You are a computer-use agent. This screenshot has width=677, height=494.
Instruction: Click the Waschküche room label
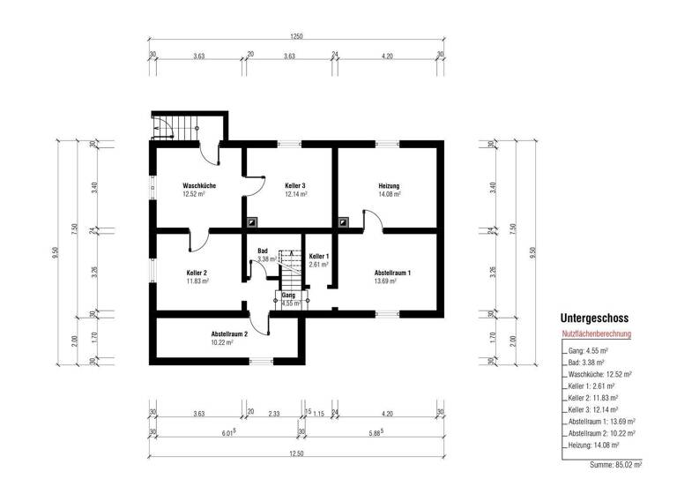click(x=200, y=186)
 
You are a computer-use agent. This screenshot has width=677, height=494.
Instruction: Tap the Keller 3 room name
click(x=295, y=186)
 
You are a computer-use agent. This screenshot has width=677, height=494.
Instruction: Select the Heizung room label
click(x=389, y=186)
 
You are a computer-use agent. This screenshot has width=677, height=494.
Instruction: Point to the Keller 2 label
click(x=197, y=273)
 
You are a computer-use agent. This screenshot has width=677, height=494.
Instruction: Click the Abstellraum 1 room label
click(x=392, y=273)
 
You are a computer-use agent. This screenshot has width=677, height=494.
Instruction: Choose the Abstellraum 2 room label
click(x=229, y=334)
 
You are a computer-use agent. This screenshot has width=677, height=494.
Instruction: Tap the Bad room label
click(x=263, y=251)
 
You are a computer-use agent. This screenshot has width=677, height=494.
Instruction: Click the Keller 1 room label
click(x=319, y=256)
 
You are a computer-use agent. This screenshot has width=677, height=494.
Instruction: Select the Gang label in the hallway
click(x=287, y=296)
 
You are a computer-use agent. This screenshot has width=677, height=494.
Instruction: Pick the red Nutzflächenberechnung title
click(x=597, y=335)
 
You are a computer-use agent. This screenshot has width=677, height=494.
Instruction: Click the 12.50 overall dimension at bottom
click(x=295, y=453)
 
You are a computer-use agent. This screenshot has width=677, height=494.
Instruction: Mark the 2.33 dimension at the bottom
click(x=274, y=413)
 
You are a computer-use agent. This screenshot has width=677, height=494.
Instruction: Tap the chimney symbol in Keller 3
click(x=253, y=223)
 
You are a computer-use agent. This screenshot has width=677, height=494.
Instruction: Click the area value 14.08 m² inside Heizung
click(x=389, y=194)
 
